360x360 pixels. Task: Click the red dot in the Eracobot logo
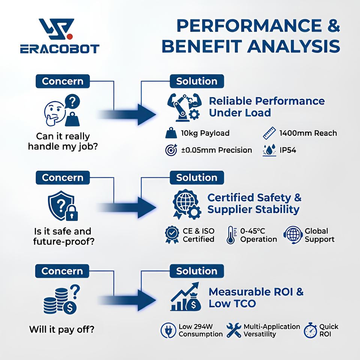pyautogui.click(x=70, y=36)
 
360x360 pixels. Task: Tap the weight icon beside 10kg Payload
pyautogui.click(x=171, y=133)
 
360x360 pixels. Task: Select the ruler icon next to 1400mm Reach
pyautogui.click(x=269, y=133)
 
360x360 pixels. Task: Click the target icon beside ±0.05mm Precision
pyautogui.click(x=171, y=150)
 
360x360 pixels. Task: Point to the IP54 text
pyautogui.click(x=288, y=150)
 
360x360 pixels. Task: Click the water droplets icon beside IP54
pyautogui.click(x=269, y=150)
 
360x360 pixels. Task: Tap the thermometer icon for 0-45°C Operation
pyautogui.click(x=231, y=235)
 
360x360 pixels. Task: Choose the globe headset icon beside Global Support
pyautogui.click(x=293, y=235)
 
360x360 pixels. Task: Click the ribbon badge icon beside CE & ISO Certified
pyautogui.click(x=172, y=235)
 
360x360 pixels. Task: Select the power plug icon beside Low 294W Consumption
pyautogui.click(x=168, y=330)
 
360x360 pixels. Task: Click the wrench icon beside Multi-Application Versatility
pyautogui.click(x=234, y=330)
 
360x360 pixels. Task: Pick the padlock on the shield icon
pyautogui.click(x=72, y=213)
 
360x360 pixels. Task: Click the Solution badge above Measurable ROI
pyautogui.click(x=196, y=271)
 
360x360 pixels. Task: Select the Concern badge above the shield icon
pyautogui.click(x=63, y=177)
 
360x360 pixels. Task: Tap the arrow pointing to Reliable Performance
pyautogui.click(x=127, y=114)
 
